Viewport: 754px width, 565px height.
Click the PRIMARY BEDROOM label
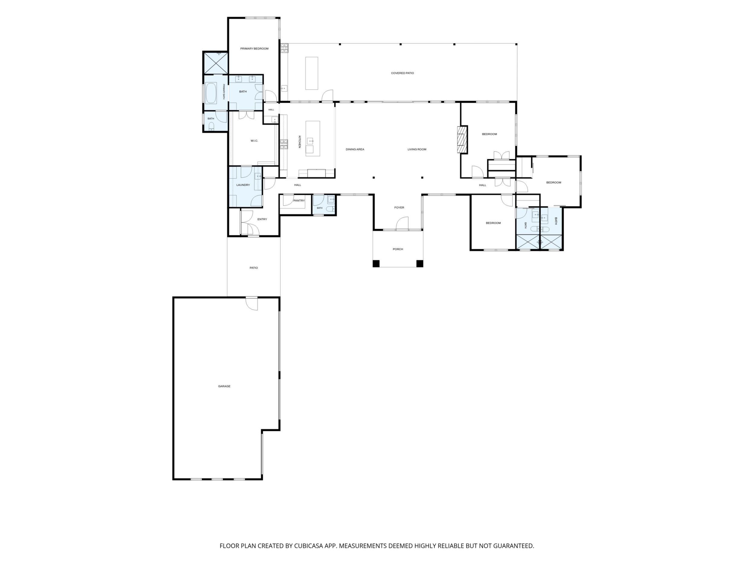[254, 49]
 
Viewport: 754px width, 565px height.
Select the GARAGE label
[224, 386]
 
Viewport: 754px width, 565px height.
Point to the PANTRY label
[299, 201]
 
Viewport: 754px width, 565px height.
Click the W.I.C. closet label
[254, 141]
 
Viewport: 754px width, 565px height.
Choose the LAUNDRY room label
[243, 185]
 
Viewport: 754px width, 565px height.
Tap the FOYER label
[399, 207]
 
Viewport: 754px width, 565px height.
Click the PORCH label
[398, 249]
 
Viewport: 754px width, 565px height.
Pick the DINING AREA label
[355, 149]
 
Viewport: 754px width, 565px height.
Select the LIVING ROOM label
[417, 149]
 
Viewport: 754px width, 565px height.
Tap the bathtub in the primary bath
[211, 93]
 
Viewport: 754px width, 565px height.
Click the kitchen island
[313, 138]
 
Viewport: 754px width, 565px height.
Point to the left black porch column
[376, 263]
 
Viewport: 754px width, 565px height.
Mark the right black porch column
[420, 263]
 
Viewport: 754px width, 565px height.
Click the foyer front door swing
[402, 224]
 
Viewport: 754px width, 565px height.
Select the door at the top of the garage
[252, 303]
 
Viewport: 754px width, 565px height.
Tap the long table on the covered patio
[311, 73]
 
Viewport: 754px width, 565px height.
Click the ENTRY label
[262, 219]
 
